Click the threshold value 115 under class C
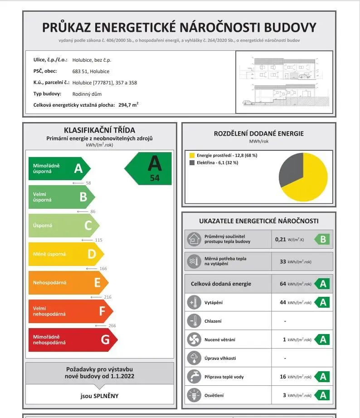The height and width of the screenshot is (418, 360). [98, 240]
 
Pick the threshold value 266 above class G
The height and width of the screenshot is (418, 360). [112, 326]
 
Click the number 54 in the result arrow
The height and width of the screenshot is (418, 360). [155, 178]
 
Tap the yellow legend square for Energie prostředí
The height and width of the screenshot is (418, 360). [192, 155]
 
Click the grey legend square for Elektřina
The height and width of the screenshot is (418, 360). [192, 162]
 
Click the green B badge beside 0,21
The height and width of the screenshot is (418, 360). [322, 239]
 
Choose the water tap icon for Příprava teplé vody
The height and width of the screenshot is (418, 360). [194, 377]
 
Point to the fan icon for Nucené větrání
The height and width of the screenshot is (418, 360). [194, 339]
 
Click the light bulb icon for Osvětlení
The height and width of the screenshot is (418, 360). [194, 395]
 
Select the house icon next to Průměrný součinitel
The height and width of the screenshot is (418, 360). [194, 239]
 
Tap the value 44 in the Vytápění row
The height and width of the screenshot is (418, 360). [283, 302]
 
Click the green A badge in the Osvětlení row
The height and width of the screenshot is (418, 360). [322, 395]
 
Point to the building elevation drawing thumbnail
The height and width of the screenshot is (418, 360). [284, 82]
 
